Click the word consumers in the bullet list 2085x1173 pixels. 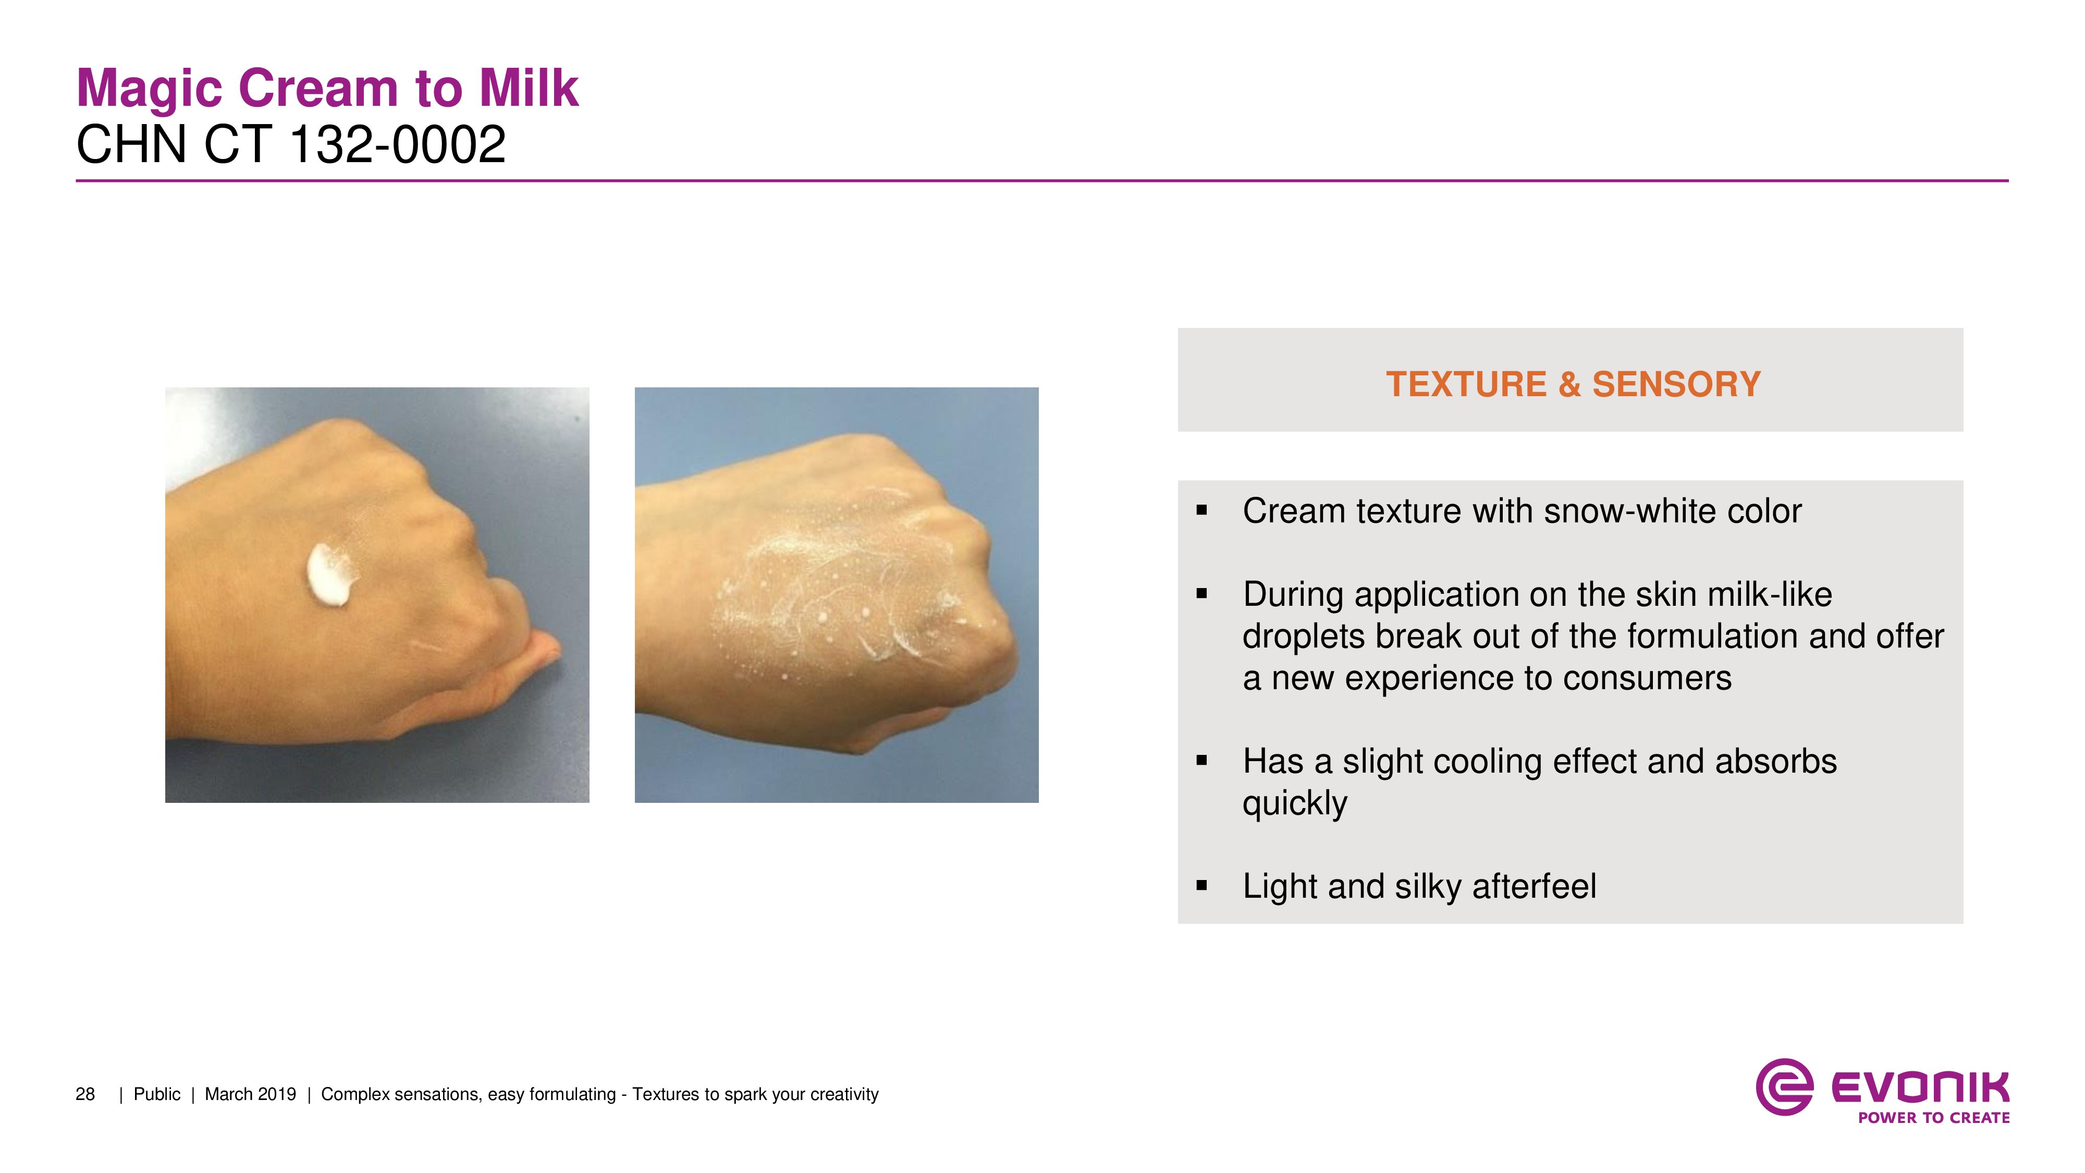[x=1647, y=678]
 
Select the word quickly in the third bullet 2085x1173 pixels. [x=1295, y=804]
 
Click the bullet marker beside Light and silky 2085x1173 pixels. [x=1202, y=886]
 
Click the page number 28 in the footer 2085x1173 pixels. [x=85, y=1094]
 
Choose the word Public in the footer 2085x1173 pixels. [x=157, y=1094]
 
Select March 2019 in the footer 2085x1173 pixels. [x=250, y=1094]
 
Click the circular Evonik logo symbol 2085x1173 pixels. [x=1784, y=1086]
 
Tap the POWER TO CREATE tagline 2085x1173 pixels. [x=1934, y=1118]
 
